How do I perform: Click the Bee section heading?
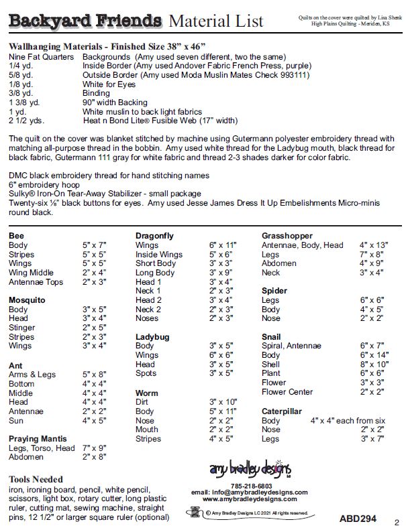(x=17, y=236)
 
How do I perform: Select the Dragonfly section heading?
(x=154, y=236)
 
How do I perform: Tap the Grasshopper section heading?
(x=287, y=236)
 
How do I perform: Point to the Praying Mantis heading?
(x=37, y=439)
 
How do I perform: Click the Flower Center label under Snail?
(x=287, y=392)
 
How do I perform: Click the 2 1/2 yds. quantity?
(x=27, y=121)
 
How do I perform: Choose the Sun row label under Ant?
(x=17, y=421)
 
